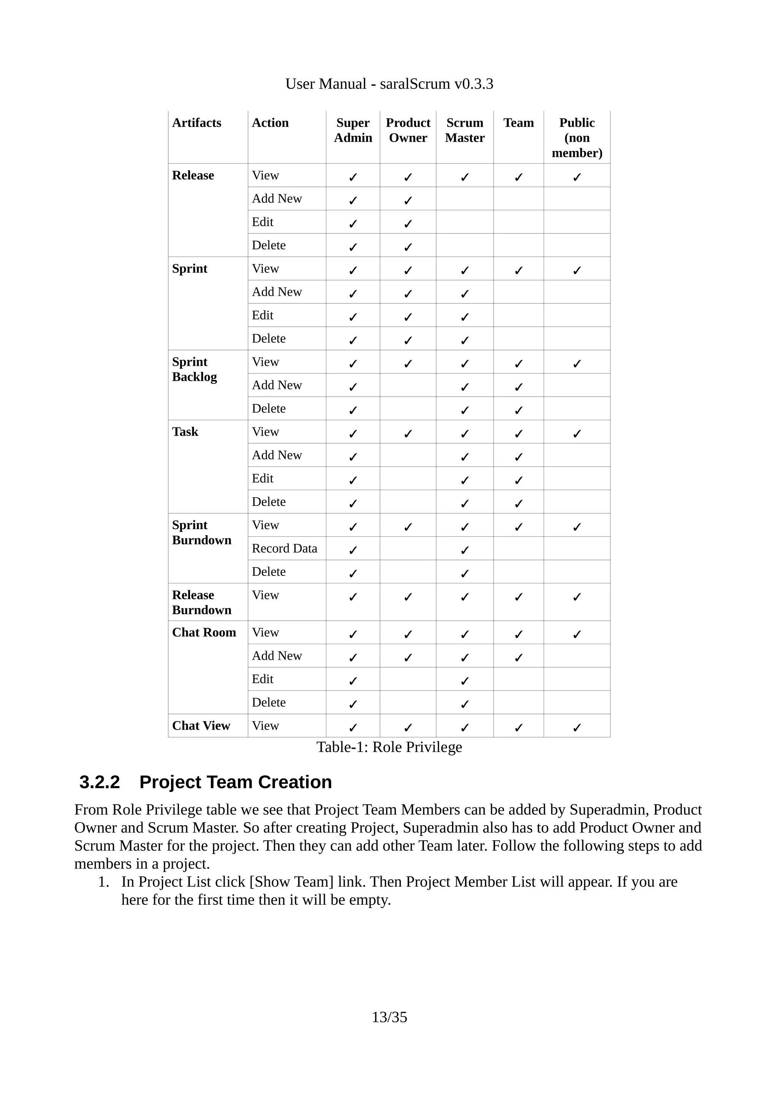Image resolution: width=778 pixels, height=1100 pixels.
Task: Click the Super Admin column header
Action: tap(353, 130)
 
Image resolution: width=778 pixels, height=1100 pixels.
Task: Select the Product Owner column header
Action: tap(408, 130)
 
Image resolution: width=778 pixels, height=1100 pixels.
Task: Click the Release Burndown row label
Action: tap(201, 602)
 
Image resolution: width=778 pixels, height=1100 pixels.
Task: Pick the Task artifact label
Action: tap(185, 432)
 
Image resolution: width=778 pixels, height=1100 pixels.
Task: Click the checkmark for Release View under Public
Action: tap(577, 177)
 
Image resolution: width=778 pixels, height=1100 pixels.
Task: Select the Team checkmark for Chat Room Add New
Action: tap(518, 658)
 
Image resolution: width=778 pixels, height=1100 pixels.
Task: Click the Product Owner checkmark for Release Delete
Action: tap(408, 247)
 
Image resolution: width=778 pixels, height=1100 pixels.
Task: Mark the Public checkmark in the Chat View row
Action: tap(577, 728)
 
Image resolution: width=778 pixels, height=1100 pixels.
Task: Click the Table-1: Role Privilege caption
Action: tap(389, 747)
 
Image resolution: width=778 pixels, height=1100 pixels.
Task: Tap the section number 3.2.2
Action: tap(99, 782)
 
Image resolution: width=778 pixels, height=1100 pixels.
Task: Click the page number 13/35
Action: tap(389, 1016)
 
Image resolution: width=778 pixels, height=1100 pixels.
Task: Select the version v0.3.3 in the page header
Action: tap(474, 84)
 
